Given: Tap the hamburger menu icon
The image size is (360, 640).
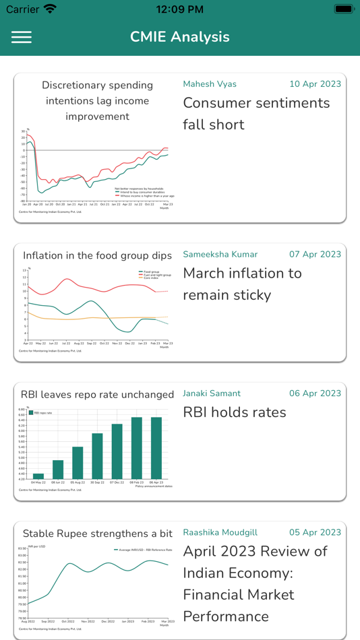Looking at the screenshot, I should pos(22,37).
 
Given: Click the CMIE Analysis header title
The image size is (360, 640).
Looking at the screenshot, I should pos(180,37).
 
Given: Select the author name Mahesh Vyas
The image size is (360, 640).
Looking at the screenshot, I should pos(210,84).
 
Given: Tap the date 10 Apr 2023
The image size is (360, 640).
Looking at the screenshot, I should pos(315,84).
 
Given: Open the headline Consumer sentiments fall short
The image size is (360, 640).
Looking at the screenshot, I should pos(256,114).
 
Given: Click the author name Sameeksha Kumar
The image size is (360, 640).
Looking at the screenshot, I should pos(220,255).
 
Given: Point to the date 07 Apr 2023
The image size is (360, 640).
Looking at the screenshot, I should pos(315,255).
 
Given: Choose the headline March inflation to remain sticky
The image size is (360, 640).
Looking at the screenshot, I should pos(242,284).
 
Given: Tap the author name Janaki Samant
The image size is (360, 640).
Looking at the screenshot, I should pos(212,393).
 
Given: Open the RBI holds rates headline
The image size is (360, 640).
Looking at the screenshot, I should pos(235,412).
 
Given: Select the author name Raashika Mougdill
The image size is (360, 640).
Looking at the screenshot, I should pos(220,532).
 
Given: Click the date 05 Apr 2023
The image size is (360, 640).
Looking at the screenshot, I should pos(315,532).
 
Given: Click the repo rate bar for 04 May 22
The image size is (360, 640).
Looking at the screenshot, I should pos(38,476).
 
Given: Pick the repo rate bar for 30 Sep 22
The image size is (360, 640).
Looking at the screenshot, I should pos(97,456).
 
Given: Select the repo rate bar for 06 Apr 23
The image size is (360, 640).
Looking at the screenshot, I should pos(156,448).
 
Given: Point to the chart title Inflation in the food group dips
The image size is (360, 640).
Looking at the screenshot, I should pos(98,256).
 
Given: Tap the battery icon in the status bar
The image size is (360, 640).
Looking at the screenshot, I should pos(344,9).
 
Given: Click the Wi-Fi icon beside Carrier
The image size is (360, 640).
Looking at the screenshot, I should pos(50,9).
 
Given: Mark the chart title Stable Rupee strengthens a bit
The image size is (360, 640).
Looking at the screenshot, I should pos(98,534).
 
